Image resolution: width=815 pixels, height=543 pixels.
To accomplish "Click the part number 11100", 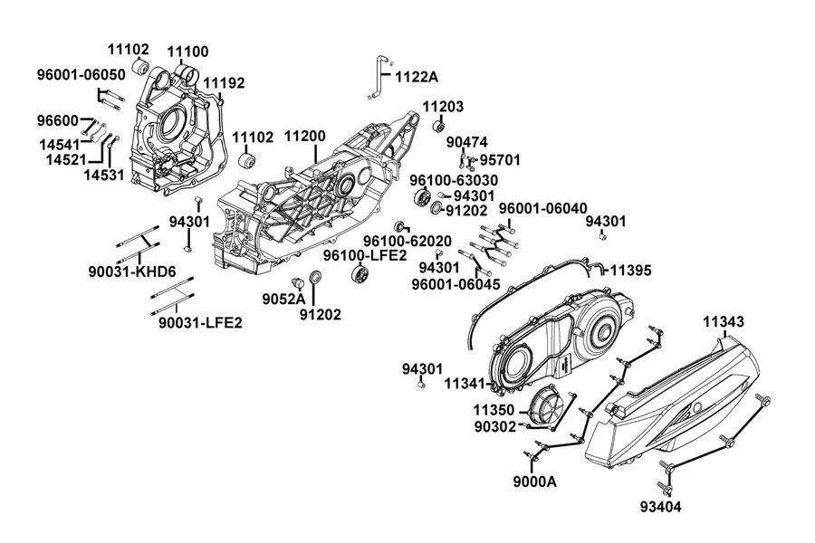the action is (x=187, y=52).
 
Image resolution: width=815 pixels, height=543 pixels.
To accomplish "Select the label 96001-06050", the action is (x=81, y=75).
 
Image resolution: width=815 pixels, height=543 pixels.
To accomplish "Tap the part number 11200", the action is (x=304, y=136).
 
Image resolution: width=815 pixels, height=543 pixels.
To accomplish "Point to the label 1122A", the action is (x=417, y=77).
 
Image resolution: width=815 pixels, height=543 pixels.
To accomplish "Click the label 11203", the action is (x=443, y=107).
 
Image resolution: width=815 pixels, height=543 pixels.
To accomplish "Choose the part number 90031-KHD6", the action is (x=132, y=271).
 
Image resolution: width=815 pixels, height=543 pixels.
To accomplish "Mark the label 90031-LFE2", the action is (x=200, y=323).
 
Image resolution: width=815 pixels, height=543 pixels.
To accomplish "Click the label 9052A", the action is (x=283, y=299).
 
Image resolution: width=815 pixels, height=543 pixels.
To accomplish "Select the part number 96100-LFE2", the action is (x=365, y=255).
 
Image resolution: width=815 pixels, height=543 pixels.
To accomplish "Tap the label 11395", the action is (x=630, y=271).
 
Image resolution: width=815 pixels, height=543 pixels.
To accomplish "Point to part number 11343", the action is (x=724, y=321).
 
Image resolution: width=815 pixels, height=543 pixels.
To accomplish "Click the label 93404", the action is (x=661, y=507).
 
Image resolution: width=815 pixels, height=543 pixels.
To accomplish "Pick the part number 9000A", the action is (x=534, y=481).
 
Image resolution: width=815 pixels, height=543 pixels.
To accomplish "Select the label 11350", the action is (x=494, y=410).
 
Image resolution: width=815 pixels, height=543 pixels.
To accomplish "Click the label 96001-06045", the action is (x=455, y=284).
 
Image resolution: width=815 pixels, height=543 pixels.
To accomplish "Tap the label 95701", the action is (x=500, y=160).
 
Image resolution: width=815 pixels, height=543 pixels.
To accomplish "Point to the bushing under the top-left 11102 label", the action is (x=140, y=67).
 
